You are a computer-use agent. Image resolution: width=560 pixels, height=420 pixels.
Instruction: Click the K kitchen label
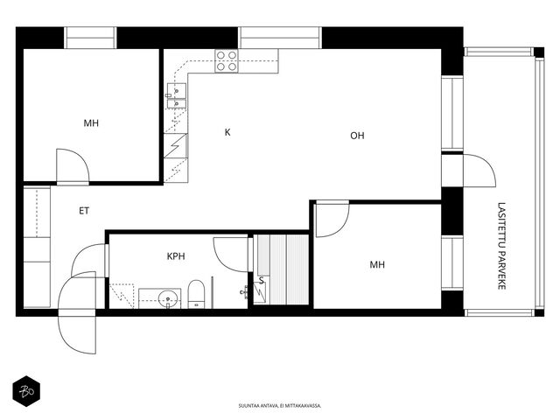coord(227,132)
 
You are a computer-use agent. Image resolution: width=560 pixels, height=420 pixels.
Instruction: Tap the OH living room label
coord(357,136)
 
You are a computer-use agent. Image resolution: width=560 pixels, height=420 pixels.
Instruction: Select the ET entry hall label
coord(84,211)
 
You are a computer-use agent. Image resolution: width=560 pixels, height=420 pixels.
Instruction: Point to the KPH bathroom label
coord(176,256)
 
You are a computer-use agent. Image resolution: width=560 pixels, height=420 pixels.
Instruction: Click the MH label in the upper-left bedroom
coord(91,123)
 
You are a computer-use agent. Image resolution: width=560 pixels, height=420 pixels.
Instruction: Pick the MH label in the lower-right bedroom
coord(377,264)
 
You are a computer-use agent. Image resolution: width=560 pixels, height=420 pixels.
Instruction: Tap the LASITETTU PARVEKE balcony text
coord(501,246)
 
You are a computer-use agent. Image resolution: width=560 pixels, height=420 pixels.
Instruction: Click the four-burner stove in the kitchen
coord(227,61)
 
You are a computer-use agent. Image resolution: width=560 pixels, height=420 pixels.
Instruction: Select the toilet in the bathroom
coord(196,294)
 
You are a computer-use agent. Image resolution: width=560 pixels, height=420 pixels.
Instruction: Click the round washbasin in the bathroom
coord(167,298)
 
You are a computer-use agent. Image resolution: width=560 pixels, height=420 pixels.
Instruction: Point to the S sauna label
coord(262,281)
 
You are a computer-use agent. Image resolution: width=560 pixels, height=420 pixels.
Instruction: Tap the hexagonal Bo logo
coord(26,391)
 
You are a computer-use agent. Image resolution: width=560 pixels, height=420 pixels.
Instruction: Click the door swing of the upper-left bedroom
coord(73,165)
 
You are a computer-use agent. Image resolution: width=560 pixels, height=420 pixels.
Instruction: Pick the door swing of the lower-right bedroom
coord(332,219)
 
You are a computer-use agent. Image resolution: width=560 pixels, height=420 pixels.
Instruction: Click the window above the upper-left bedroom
coord(90,38)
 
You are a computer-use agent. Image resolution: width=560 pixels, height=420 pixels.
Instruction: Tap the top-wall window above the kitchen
coord(280,38)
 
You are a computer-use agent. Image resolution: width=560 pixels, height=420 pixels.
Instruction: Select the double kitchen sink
coord(177,95)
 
